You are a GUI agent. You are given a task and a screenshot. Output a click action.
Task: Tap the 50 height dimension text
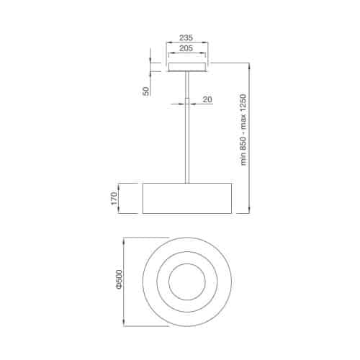(x=146, y=91)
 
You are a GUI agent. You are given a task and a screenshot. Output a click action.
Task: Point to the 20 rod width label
(x=207, y=99)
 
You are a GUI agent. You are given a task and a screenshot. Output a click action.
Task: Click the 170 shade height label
(x=114, y=198)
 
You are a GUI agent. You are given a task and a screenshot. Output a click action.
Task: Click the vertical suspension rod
(x=186, y=144)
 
